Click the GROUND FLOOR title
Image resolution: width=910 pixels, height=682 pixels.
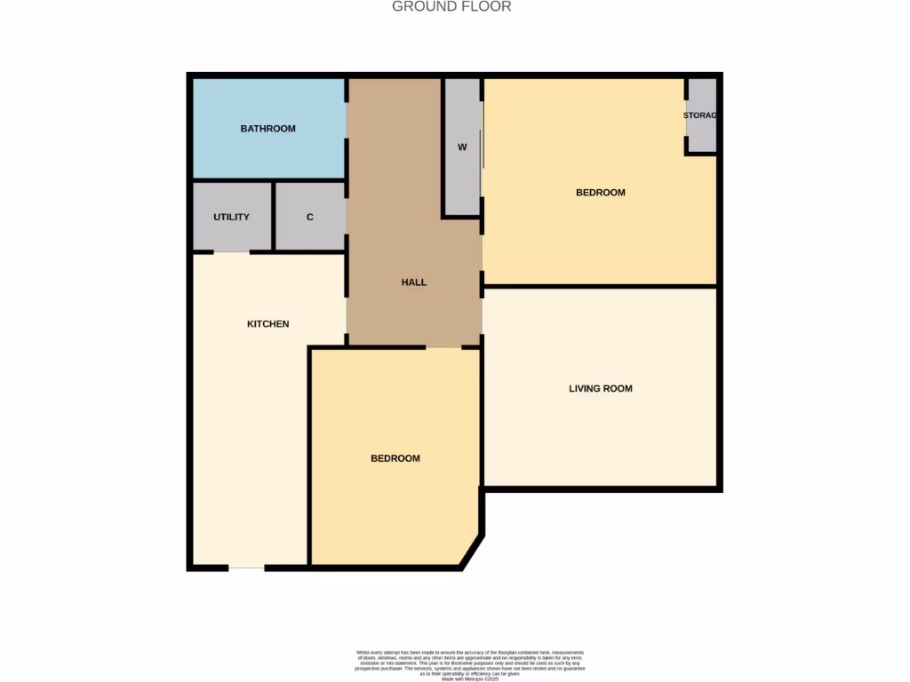click(x=451, y=7)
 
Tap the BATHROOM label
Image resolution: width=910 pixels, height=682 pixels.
click(x=267, y=129)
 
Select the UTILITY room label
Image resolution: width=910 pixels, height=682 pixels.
click(x=231, y=217)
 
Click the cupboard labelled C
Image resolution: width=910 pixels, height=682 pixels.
click(x=310, y=217)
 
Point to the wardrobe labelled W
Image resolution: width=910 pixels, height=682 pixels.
click(x=462, y=147)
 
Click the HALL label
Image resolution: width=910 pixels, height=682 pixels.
click(x=413, y=282)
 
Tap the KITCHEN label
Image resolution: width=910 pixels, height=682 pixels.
click(x=267, y=324)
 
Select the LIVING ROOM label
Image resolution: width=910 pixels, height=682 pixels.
click(x=600, y=388)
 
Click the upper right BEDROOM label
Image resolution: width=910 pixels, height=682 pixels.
click(x=600, y=193)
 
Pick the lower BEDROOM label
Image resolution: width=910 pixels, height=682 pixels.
click(x=395, y=458)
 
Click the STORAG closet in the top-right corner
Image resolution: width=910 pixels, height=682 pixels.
click(x=701, y=115)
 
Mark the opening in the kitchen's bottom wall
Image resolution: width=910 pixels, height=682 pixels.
click(x=246, y=567)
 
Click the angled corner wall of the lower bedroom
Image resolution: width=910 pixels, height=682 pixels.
click(x=472, y=551)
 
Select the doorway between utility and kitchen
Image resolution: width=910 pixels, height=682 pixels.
click(x=231, y=252)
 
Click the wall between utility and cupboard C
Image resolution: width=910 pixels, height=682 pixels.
click(x=273, y=217)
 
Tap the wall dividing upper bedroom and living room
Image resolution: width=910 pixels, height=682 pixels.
click(x=600, y=286)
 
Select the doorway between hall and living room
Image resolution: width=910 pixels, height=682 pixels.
click(x=482, y=316)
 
